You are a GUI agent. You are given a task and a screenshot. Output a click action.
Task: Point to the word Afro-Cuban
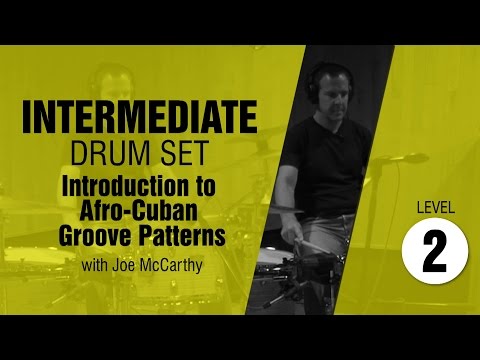[x=147, y=210]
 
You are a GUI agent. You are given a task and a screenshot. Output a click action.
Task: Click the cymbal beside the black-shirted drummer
[x=400, y=157]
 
